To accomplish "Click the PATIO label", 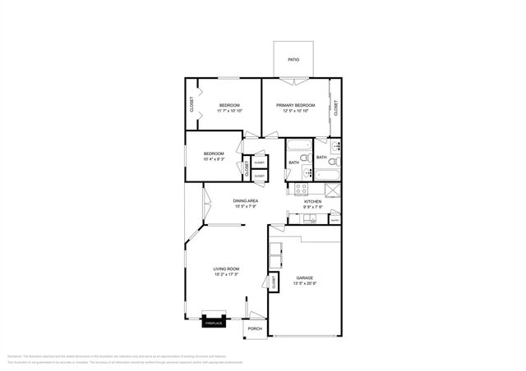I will (293, 60).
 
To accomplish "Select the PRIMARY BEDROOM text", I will (295, 105).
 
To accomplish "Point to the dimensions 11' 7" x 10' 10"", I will (229, 111).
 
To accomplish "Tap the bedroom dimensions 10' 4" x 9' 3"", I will (214, 158).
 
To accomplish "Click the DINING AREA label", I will (246, 201).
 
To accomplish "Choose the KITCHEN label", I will (313, 201).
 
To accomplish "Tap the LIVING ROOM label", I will (226, 269).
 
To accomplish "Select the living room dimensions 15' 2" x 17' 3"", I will (226, 275).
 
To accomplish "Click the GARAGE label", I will (305, 278).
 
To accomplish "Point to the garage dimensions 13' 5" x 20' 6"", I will (305, 284).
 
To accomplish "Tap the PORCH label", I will (255, 329).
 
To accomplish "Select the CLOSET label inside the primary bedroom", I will (336, 107).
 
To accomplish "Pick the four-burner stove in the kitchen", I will (302, 189).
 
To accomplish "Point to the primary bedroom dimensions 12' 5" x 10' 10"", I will (295, 111).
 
